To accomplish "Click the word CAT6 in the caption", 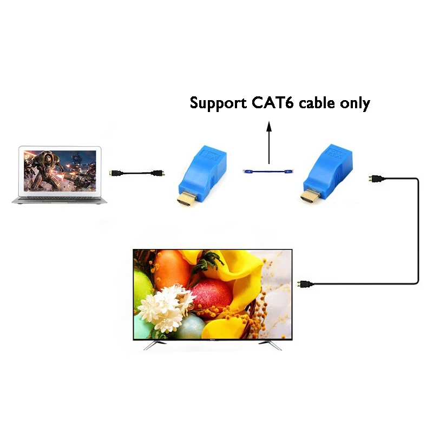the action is coord(268,102).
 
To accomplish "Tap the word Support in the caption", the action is coord(216,103).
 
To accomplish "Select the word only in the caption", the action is coord(352,103).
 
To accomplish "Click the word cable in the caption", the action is coord(314,102).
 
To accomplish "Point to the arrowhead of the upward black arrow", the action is coord(268,126).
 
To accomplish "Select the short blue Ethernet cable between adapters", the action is coord(268,172).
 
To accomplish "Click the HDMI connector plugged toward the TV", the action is coord(304,284).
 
